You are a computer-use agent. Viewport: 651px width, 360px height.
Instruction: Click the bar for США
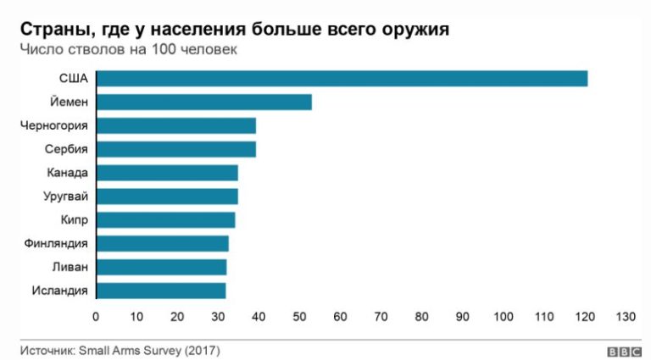click(342, 79)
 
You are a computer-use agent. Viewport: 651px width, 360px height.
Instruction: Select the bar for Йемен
click(203, 102)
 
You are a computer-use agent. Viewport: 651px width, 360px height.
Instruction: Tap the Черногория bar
click(175, 126)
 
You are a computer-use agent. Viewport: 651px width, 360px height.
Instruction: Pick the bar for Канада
click(167, 173)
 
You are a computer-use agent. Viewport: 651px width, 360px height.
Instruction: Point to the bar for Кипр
click(165, 220)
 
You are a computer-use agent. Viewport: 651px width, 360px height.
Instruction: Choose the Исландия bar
click(161, 291)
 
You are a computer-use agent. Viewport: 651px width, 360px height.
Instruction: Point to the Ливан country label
click(70, 267)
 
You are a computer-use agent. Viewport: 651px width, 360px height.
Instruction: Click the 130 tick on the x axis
click(625, 317)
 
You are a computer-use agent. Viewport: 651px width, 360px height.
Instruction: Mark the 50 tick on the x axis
click(299, 317)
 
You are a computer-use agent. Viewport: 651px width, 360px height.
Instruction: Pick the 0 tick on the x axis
click(96, 317)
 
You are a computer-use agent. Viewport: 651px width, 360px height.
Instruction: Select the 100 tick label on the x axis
click(503, 317)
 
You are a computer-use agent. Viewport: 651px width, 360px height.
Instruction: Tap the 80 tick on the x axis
click(421, 317)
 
